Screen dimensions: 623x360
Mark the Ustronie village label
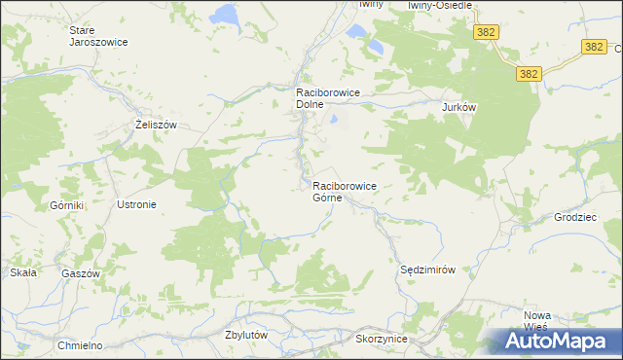click(x=136, y=205)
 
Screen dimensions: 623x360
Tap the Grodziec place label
click(x=575, y=217)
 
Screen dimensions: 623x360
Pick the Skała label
click(x=23, y=272)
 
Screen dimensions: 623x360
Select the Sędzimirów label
click(x=428, y=269)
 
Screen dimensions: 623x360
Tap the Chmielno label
click(x=80, y=345)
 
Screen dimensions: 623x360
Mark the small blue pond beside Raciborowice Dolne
click(x=334, y=121)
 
